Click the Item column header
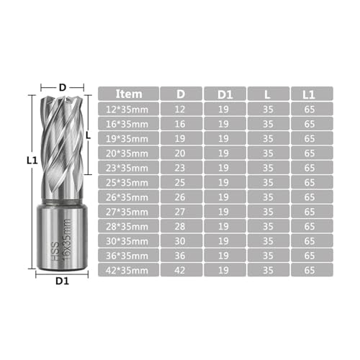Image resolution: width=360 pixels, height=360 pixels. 129,94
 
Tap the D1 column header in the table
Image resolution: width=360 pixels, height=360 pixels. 225,94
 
